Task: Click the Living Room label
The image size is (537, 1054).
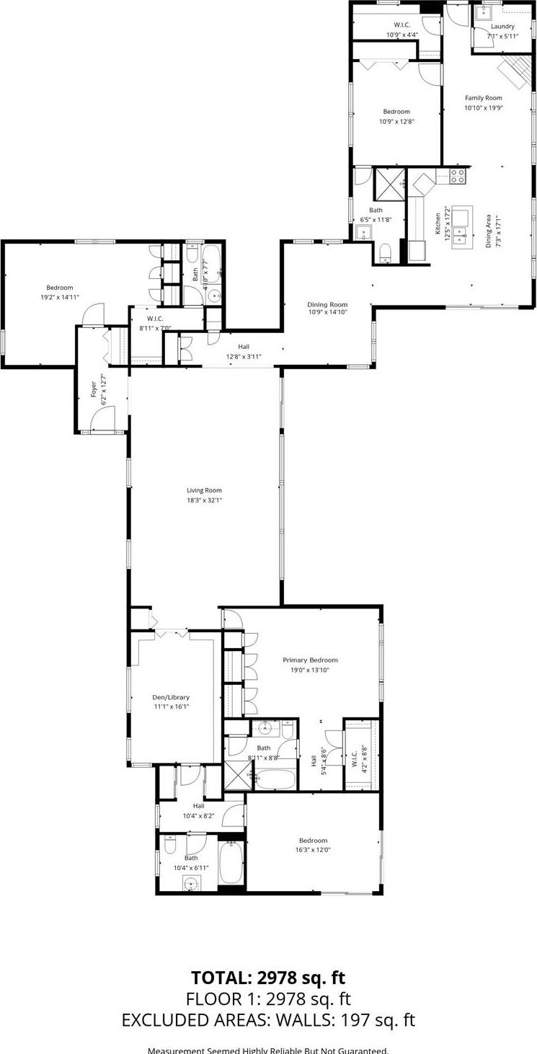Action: [x=204, y=490]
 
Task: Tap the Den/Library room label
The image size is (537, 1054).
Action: [x=171, y=697]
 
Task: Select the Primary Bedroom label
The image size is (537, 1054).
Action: [x=310, y=660]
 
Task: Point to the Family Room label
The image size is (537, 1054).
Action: [x=483, y=98]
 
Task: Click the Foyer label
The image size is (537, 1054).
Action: [x=93, y=386]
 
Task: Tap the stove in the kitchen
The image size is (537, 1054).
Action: [x=458, y=175]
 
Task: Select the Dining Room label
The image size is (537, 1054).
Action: [x=327, y=304]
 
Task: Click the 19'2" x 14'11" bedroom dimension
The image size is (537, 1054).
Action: [x=60, y=296]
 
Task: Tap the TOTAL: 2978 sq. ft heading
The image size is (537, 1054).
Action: [x=268, y=978]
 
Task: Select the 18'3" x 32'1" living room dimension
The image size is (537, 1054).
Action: [x=204, y=500]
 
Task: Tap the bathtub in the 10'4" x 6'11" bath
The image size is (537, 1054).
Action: [x=232, y=863]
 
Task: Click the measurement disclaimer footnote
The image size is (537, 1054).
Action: [x=268, y=1050]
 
